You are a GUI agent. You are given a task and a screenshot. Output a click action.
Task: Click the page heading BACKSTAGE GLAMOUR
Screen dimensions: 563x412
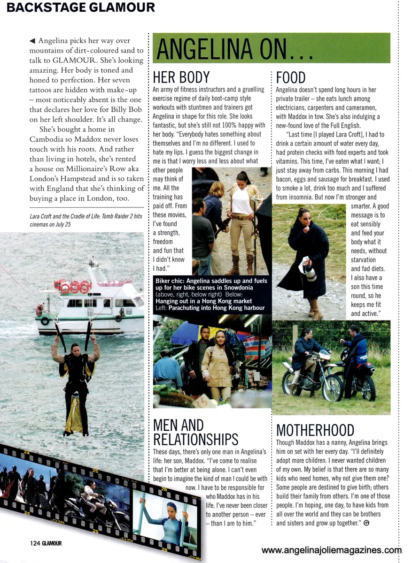(81, 8)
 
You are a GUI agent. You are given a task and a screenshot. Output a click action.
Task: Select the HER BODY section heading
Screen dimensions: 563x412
(181, 77)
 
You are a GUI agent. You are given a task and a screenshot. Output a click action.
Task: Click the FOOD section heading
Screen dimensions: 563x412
(291, 77)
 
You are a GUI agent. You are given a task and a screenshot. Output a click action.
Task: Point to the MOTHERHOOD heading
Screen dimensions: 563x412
(315, 430)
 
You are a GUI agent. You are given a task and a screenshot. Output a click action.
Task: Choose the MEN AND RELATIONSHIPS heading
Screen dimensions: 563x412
(196, 432)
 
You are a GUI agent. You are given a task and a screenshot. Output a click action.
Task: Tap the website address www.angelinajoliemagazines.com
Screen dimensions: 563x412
(332, 550)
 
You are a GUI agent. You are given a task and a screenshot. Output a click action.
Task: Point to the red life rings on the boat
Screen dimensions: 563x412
(73, 286)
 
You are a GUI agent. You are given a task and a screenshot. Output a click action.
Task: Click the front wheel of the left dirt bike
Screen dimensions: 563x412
(291, 382)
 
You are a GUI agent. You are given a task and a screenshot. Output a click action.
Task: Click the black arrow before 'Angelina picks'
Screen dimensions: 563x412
(32, 41)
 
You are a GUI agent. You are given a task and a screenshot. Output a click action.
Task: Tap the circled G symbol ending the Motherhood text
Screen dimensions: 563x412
(366, 523)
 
